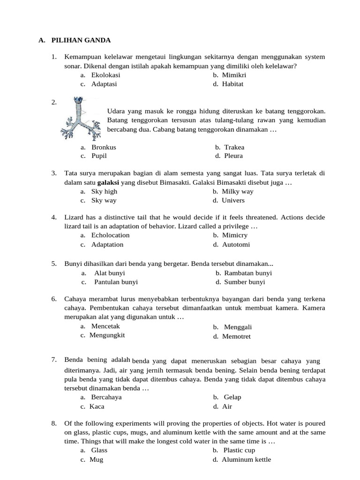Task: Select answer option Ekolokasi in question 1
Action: [105, 75]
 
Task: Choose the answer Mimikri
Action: [234, 75]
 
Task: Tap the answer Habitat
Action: [233, 84]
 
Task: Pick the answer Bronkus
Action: [104, 147]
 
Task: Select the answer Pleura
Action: [233, 156]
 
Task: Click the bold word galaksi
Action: [108, 182]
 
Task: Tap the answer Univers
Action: [233, 201]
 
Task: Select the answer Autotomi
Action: [236, 245]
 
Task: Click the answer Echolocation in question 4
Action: [110, 235]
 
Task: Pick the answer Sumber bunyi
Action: [244, 282]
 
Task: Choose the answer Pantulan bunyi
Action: [116, 282]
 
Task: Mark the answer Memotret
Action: [236, 337]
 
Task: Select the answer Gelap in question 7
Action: [232, 397]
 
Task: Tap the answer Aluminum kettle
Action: [246, 460]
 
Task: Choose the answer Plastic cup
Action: [239, 450]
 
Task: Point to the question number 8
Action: [54, 424]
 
